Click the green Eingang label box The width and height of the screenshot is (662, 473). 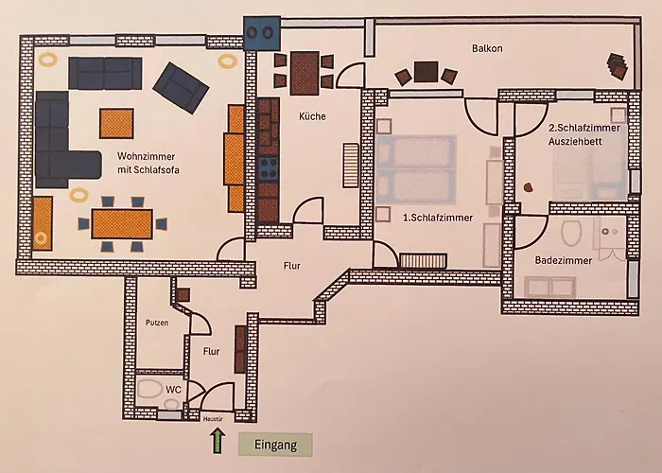(x=274, y=443)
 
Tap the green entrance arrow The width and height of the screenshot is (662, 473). (x=217, y=439)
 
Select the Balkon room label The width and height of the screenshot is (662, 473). (x=490, y=48)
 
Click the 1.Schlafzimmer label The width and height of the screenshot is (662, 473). (x=439, y=217)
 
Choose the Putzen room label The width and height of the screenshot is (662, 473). (x=157, y=323)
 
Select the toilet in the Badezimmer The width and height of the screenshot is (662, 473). (x=571, y=233)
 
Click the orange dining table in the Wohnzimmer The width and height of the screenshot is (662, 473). (x=122, y=224)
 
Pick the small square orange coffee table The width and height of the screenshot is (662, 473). (x=116, y=123)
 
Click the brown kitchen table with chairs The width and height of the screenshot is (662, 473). (x=303, y=72)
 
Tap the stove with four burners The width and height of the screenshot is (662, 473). (x=269, y=168)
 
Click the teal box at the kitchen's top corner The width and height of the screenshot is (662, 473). (x=261, y=32)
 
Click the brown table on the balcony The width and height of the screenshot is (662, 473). (x=427, y=73)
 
